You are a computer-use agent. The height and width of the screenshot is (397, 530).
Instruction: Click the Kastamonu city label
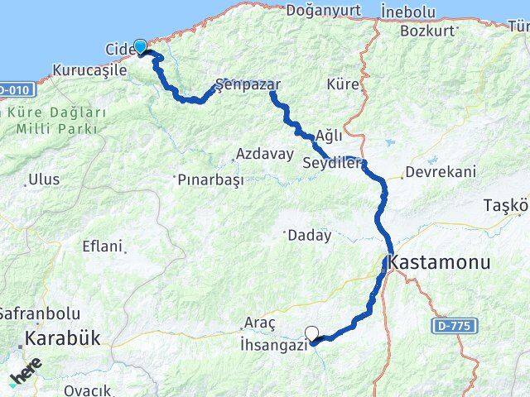coord(439,263)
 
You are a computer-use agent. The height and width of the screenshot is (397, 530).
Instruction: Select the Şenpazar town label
coord(248,84)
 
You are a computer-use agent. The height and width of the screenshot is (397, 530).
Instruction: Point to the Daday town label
coord(310,236)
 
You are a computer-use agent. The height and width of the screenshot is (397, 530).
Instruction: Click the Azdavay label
coord(265,155)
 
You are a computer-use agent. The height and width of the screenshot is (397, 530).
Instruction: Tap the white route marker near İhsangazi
coord(312,334)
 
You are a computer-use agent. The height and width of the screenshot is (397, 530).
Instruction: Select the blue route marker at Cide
coord(141,47)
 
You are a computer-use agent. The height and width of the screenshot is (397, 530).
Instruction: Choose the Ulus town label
coord(44,179)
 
